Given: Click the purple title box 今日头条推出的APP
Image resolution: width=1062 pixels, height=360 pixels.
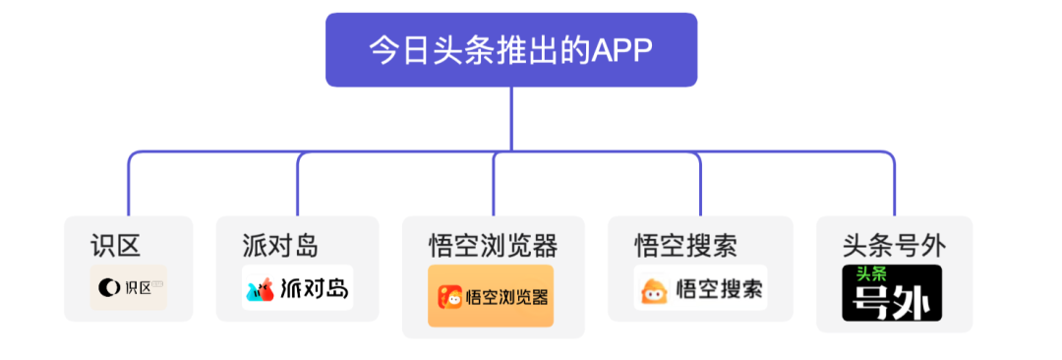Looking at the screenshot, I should (x=511, y=49).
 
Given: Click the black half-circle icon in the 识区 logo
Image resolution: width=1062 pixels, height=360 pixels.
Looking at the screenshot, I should (x=108, y=288).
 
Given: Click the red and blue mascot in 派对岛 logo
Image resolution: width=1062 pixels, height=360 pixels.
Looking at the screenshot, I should (x=261, y=289).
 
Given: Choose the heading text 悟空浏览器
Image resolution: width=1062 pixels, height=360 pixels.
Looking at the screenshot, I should (x=493, y=244).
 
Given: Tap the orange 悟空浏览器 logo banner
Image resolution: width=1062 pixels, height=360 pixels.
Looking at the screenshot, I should (x=491, y=295).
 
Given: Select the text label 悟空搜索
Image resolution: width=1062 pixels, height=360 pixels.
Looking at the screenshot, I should (x=686, y=244).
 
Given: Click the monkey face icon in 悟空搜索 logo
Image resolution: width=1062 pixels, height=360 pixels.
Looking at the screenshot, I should (x=654, y=290).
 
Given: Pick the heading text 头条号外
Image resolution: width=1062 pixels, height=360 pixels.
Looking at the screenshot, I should (x=894, y=244).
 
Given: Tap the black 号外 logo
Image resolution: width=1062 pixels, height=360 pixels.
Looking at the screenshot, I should (x=892, y=292).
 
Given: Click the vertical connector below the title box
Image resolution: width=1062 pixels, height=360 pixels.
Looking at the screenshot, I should (x=511, y=118).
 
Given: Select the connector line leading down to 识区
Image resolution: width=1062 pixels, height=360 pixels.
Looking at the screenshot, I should (x=129, y=187).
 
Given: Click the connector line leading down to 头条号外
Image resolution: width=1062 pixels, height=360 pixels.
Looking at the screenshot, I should (x=894, y=187).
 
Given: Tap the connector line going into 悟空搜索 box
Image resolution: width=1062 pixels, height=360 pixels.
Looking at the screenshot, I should (x=700, y=187).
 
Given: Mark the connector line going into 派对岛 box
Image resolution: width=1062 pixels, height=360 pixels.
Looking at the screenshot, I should (x=298, y=187).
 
